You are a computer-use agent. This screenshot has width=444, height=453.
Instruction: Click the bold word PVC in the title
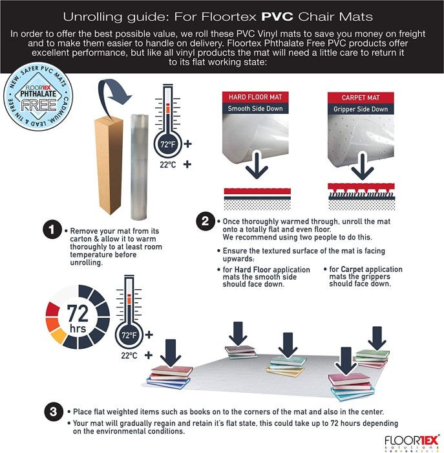point(277,16)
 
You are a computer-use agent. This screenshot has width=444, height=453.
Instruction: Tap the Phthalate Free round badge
point(37,97)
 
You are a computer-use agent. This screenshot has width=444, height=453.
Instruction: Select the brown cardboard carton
point(109,165)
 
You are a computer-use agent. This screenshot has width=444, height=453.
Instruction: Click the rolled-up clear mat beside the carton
point(140,167)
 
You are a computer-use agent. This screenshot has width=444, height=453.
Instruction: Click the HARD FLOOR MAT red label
point(255,97)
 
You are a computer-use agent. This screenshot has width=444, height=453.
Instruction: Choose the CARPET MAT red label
point(361,98)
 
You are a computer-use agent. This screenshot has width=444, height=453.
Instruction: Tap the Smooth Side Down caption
point(255,109)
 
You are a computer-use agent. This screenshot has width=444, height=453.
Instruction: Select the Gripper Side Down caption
point(361,109)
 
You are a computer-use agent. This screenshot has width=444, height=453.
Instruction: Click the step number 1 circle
point(52,230)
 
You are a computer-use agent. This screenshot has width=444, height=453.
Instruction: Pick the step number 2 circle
point(205,221)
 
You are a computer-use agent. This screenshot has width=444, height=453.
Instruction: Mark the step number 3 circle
point(54,412)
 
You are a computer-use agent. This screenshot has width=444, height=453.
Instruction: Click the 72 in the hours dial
point(78,313)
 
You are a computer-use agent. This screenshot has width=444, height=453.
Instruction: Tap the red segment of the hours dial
point(52,309)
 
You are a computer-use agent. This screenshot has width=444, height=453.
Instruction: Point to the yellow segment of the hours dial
point(59,336)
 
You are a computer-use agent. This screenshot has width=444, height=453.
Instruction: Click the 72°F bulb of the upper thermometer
point(168,144)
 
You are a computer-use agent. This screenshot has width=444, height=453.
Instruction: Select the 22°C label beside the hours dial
point(129,355)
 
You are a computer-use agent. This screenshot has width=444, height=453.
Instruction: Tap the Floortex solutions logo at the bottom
point(412,443)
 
